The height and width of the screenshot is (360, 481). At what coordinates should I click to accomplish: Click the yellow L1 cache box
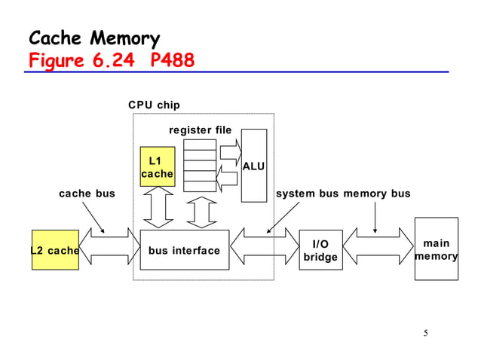(x=157, y=167)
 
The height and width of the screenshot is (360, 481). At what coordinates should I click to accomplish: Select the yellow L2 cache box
(x=55, y=250)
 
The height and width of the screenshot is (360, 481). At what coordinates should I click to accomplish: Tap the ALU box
(x=253, y=166)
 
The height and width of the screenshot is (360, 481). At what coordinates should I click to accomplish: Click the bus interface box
(x=184, y=250)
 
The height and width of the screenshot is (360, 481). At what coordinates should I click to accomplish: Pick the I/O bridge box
(x=320, y=250)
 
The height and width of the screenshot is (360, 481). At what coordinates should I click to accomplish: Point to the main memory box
(x=436, y=249)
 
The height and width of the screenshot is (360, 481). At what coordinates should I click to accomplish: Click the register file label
(x=200, y=130)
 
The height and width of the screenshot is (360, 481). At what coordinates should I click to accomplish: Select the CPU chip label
(x=154, y=105)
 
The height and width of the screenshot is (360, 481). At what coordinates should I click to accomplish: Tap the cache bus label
(x=87, y=194)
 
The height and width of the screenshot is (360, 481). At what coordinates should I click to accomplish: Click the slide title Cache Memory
(x=93, y=38)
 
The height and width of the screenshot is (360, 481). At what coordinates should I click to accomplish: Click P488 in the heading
(x=172, y=59)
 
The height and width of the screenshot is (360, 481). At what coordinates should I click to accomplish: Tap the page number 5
(x=425, y=334)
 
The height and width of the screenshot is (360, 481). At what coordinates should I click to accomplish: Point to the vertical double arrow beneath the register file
(x=201, y=212)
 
